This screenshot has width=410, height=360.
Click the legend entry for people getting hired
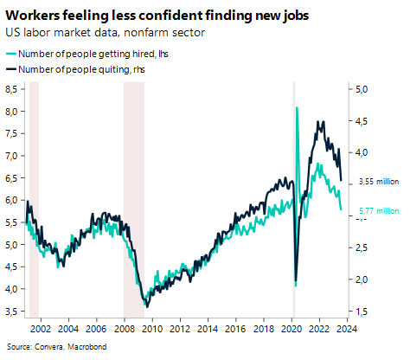pyautogui.click(x=86, y=55)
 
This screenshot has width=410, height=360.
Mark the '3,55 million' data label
pyautogui.click(x=376, y=181)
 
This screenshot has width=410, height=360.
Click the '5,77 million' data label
pyautogui.click(x=376, y=209)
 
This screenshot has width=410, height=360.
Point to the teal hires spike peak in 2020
pyautogui.click(x=298, y=107)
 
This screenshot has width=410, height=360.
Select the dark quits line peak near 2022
pyautogui.click(x=322, y=122)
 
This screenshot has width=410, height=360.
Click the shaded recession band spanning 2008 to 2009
pyautogui.click(x=132, y=199)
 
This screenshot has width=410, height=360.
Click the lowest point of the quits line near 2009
pyautogui.click(x=146, y=306)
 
